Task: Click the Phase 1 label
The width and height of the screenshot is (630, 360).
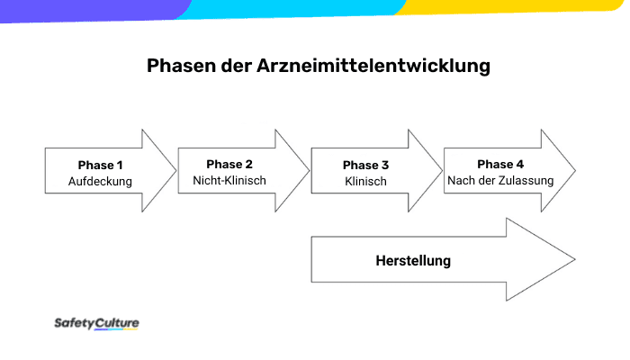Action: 100,165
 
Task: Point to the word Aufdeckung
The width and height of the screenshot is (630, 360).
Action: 100,181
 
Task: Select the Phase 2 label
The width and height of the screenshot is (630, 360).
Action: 229,164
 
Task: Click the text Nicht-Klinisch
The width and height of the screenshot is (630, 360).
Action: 229,180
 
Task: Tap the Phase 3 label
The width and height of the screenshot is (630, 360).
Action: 365,165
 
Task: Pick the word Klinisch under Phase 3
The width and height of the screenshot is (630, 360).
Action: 365,181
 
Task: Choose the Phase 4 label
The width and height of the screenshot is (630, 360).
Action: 499,164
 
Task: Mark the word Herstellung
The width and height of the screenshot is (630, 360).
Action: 413,261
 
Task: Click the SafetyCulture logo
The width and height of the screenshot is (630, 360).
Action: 96,323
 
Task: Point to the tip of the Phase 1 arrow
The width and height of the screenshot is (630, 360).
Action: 176,171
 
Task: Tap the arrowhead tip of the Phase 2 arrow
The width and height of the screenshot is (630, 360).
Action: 310,171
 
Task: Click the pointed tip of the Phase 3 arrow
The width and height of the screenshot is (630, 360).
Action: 443,171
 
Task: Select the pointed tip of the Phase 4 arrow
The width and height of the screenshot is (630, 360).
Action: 575,171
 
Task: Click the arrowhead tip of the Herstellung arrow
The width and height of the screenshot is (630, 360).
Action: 574,260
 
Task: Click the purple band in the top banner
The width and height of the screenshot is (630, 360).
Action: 90,7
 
